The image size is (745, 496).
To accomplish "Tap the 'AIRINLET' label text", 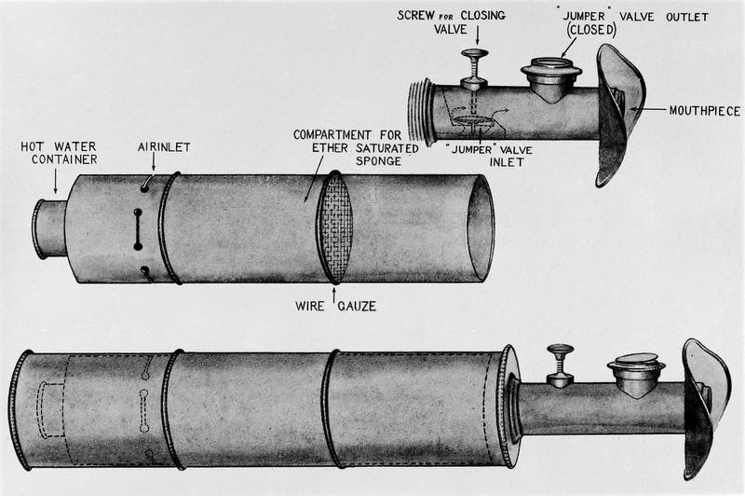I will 155,146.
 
